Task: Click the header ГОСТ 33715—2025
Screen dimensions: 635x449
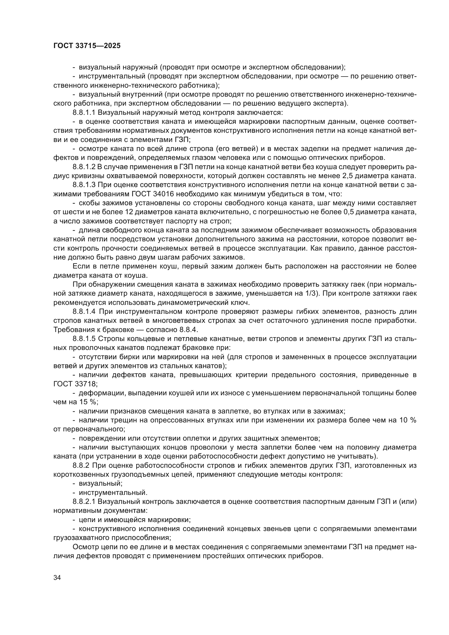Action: (87, 46)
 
